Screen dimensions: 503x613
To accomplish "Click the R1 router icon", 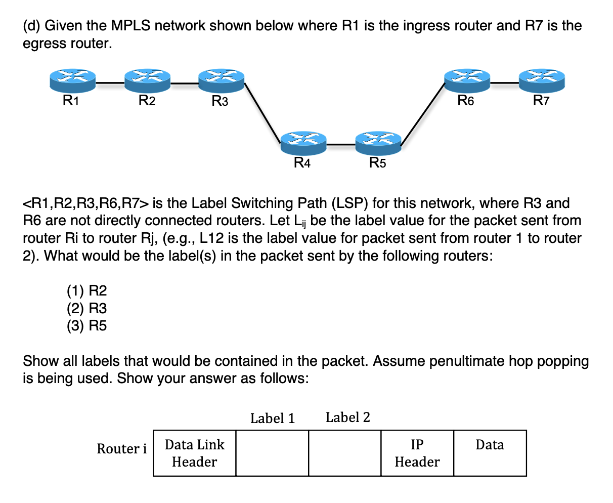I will pos(73,81).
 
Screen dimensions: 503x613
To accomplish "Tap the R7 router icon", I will pos(542,81).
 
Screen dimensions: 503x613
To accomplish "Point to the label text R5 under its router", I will pos(377,163).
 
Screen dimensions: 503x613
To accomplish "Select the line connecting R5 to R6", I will pos(422,114).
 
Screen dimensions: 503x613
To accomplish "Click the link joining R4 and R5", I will pos(340,145).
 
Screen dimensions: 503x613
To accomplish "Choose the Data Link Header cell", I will pos(195,453).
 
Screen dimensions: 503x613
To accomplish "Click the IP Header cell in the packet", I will pos(417,453).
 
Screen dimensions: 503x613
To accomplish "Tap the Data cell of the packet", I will pos(490,453).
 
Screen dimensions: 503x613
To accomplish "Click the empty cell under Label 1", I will pos(272,453).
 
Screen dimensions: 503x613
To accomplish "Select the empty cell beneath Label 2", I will pos(344,453).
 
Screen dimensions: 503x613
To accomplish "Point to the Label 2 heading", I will pos(348,417).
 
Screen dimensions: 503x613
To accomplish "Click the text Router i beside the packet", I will pos(122,448).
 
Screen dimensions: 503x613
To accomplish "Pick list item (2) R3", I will pos(87,308).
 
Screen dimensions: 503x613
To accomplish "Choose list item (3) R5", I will pos(87,325).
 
